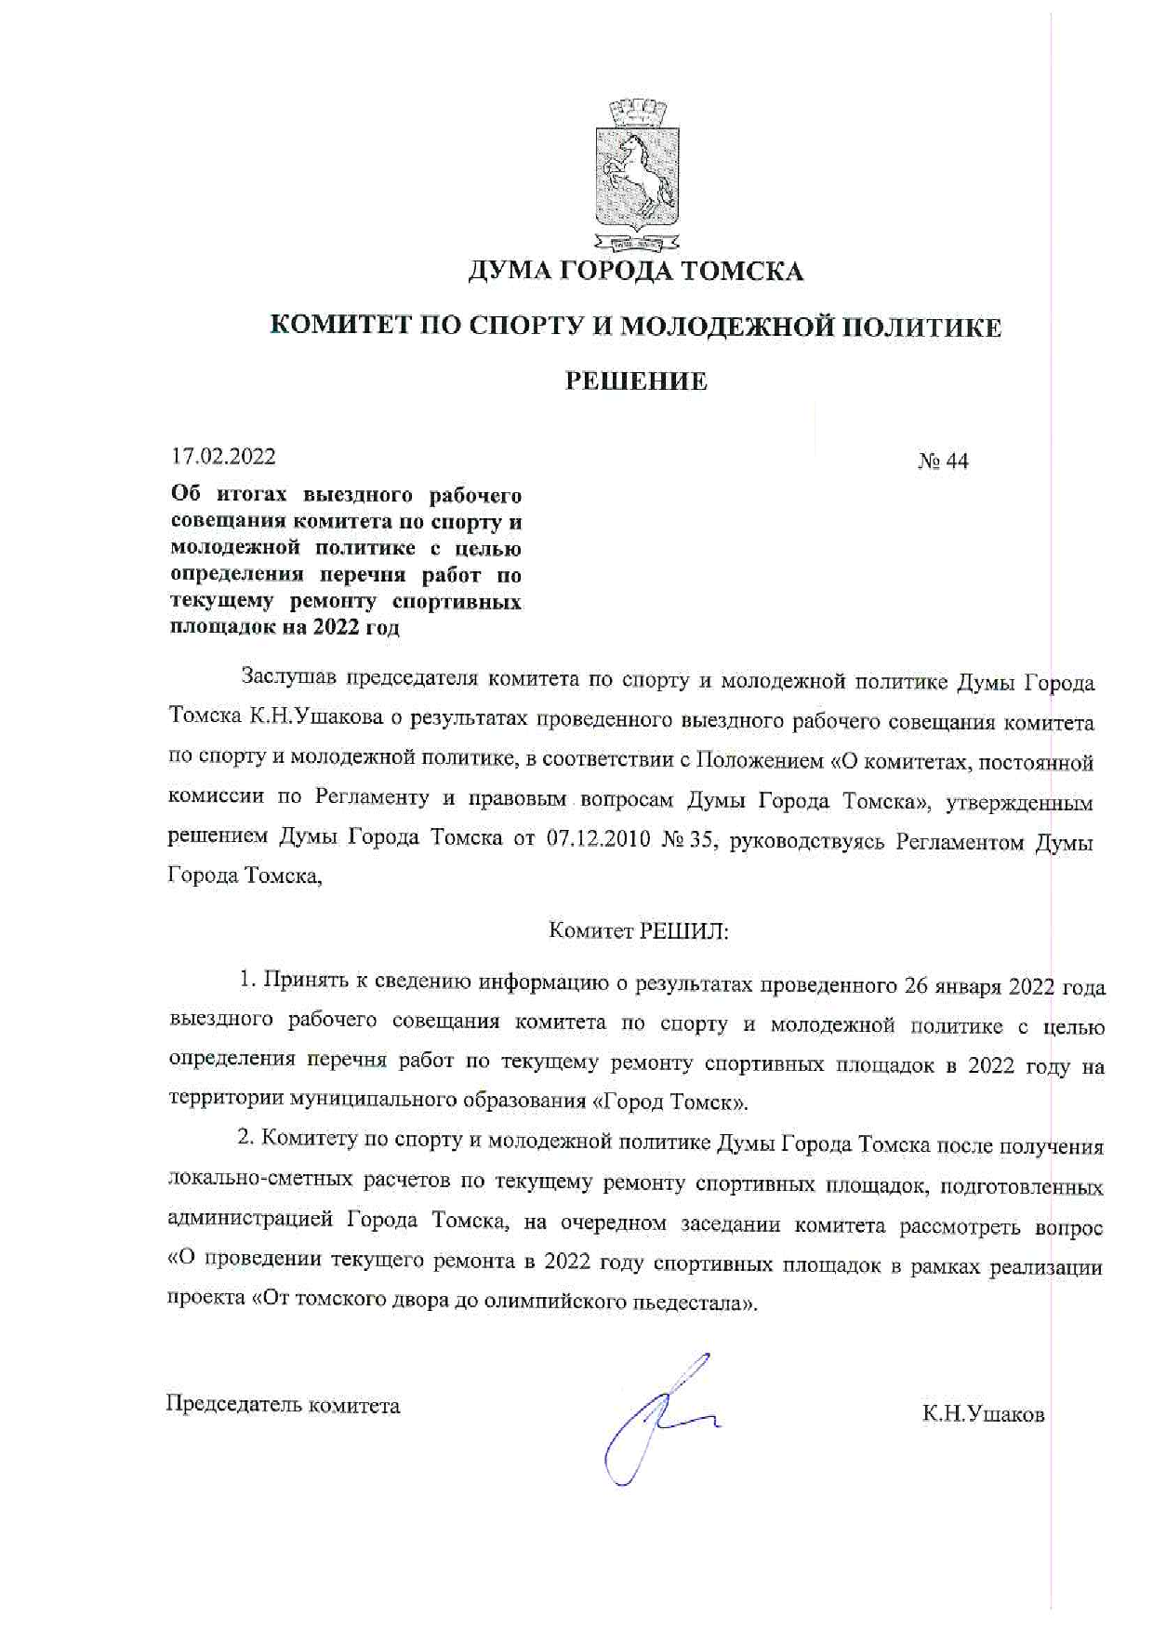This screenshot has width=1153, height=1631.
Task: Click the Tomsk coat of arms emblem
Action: click(x=636, y=176)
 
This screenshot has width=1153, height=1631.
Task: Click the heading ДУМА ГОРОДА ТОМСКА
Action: click(x=635, y=271)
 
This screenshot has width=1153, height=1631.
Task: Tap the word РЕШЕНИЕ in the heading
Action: click(x=637, y=381)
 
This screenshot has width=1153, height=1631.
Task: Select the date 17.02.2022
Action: click(x=223, y=457)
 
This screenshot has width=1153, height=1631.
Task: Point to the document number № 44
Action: click(x=943, y=461)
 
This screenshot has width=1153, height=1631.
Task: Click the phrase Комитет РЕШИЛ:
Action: click(x=639, y=930)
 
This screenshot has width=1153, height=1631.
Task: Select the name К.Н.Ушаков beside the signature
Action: click(x=983, y=1415)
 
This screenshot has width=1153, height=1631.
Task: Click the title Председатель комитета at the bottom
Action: click(x=283, y=1405)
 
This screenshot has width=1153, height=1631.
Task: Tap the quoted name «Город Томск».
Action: click(x=669, y=1103)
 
